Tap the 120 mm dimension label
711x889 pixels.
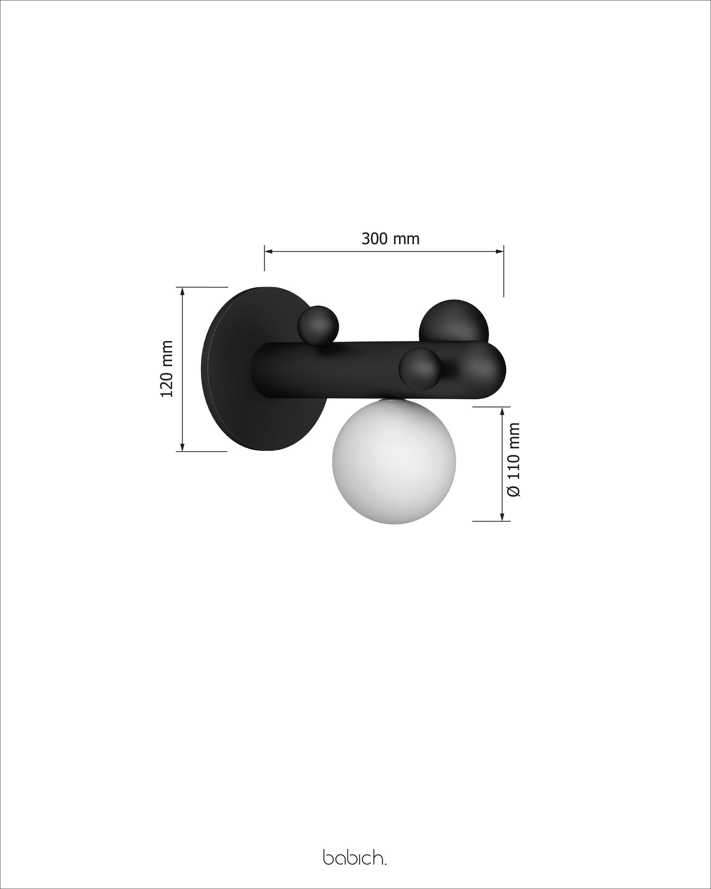[167, 368]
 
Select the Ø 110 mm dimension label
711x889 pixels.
[514, 460]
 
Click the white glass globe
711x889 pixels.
[394, 462]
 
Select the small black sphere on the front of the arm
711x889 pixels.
[420, 369]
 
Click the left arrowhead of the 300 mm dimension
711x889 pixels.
[269, 252]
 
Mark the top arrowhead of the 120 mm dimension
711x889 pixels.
[183, 291]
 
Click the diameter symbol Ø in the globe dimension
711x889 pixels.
[514, 491]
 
